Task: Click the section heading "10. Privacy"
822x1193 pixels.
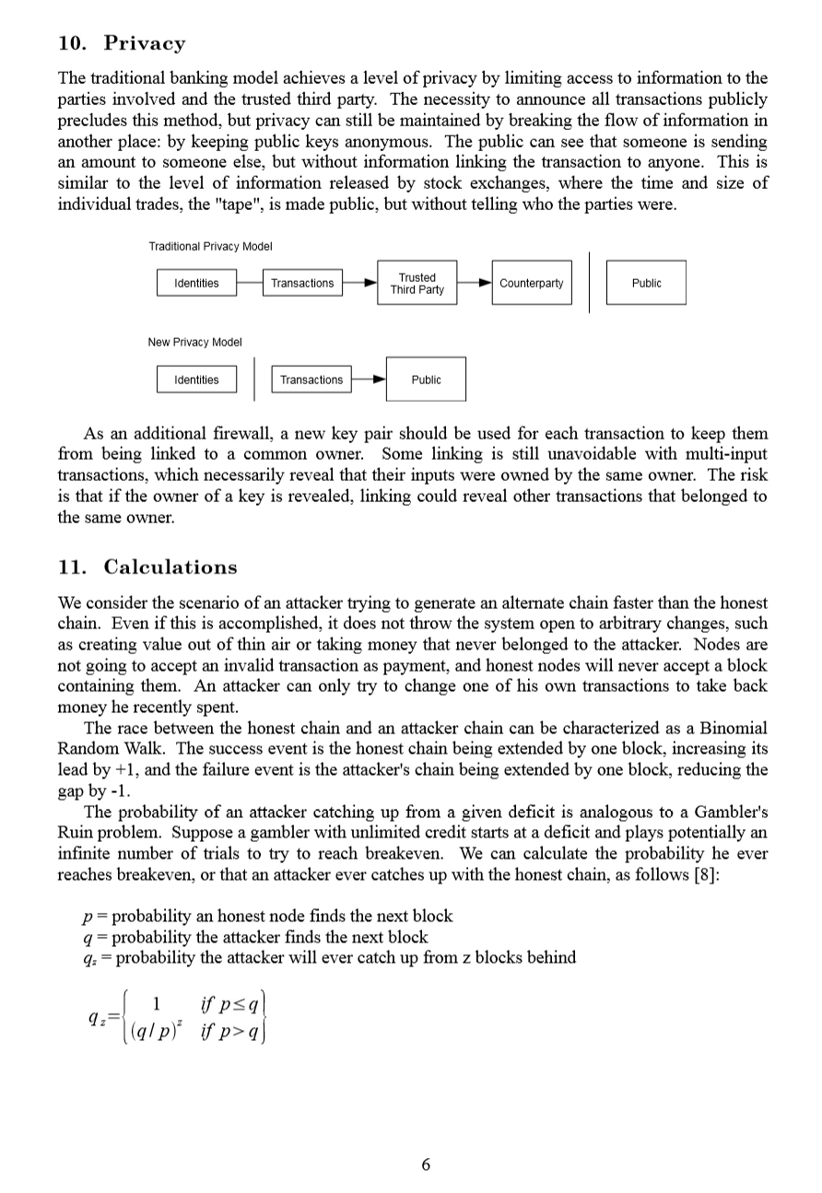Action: [x=121, y=43]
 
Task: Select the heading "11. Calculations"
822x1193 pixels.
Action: [x=147, y=567]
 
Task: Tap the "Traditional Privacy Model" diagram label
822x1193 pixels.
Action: [x=210, y=246]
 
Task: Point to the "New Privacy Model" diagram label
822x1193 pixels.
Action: [x=195, y=342]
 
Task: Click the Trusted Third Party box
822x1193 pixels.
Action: [x=417, y=283]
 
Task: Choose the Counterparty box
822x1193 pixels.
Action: [x=531, y=283]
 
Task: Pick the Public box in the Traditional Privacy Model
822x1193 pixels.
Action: [x=646, y=283]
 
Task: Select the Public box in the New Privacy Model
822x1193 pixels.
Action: [x=426, y=380]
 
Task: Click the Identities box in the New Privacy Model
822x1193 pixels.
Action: [x=196, y=380]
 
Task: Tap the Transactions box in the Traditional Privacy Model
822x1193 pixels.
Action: [x=302, y=283]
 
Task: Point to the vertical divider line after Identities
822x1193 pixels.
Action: [x=254, y=380]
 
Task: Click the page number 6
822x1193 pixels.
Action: [x=425, y=1164]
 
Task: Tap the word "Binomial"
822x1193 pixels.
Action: [x=734, y=727]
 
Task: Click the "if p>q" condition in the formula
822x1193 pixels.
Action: [x=229, y=1030]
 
